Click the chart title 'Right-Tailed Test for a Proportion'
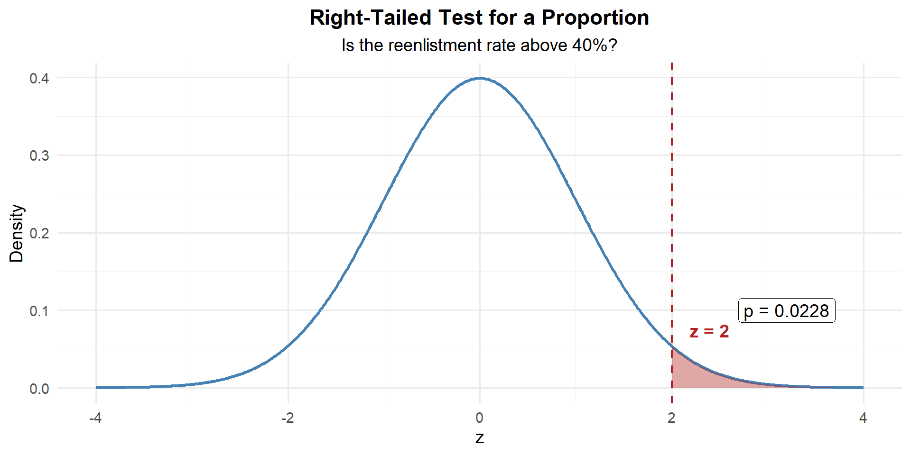coord(479,18)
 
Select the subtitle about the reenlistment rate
coord(479,45)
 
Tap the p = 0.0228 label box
coord(787,311)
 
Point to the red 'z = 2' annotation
coord(709,331)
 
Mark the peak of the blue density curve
coord(480,78)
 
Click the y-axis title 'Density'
coord(17,233)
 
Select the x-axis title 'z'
coord(480,437)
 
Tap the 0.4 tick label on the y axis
coord(39,78)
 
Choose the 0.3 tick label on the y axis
coord(39,156)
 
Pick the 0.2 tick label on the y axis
coord(39,233)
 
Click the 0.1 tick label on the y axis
coord(39,311)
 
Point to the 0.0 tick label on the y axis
coord(39,389)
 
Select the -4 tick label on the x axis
coord(95,418)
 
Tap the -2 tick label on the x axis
coord(288,418)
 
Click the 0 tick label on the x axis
coord(480,418)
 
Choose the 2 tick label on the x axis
coord(671,418)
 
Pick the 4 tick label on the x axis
coord(863,418)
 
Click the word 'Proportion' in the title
coord(595,18)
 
